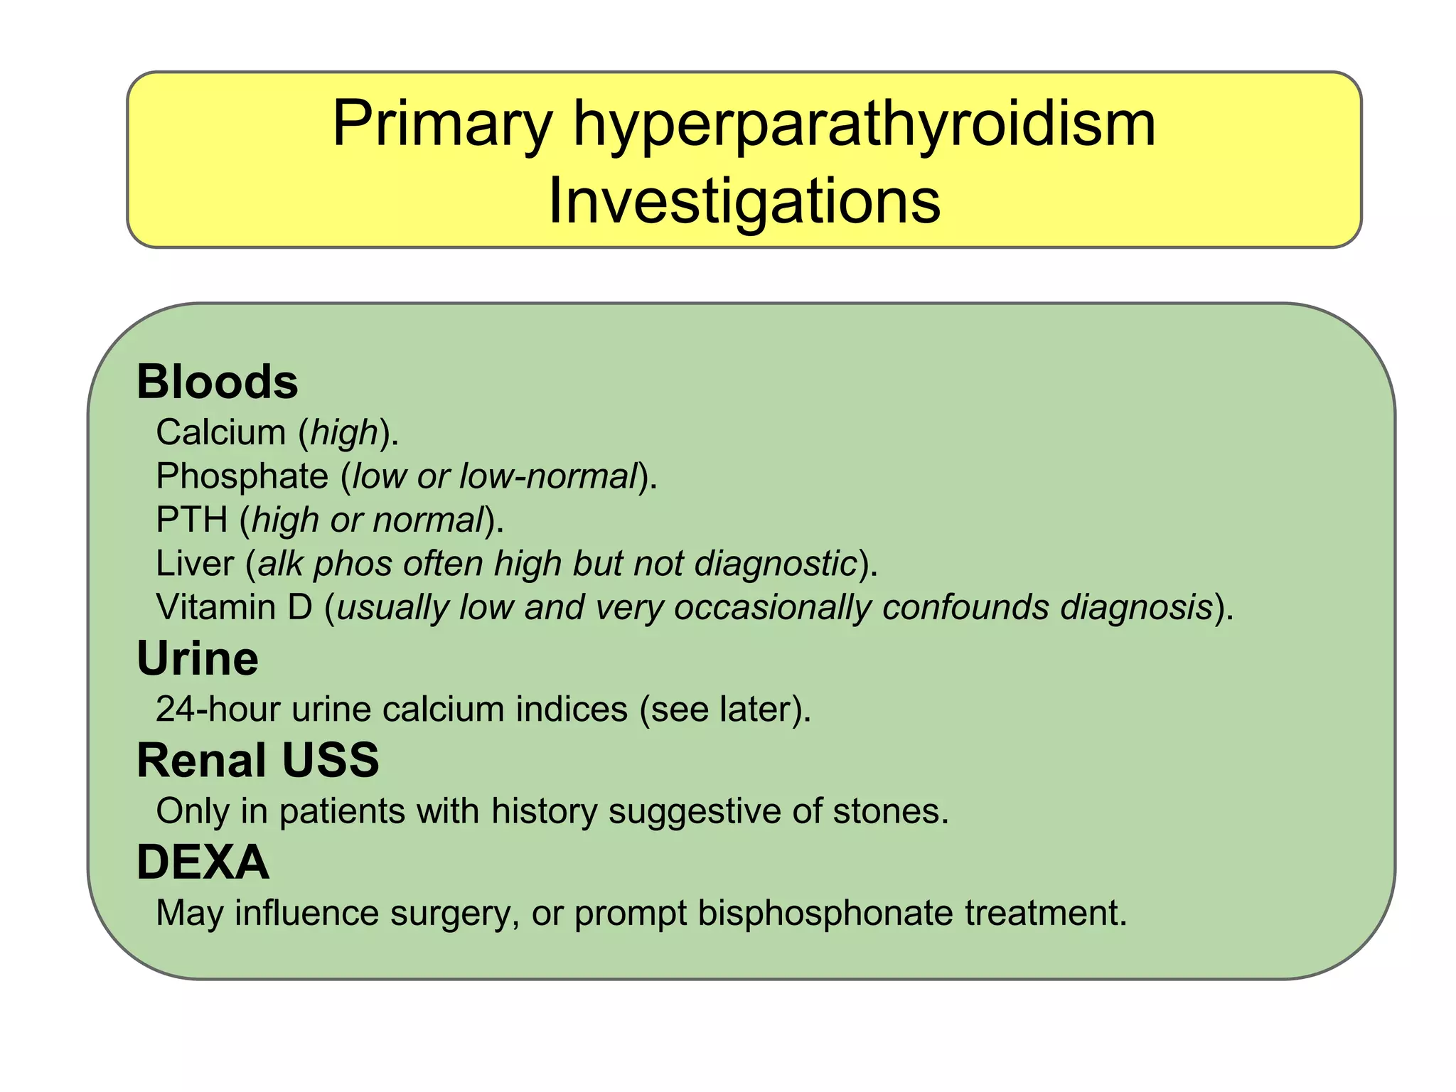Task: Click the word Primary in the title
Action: tap(441, 125)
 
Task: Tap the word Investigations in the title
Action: tap(744, 202)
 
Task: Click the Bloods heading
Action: tap(217, 382)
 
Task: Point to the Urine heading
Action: tap(198, 658)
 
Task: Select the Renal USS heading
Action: tap(257, 760)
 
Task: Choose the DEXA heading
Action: tap(203, 862)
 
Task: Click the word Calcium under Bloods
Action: tap(220, 432)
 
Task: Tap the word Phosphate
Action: tap(242, 476)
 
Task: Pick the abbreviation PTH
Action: tap(191, 520)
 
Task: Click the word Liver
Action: tap(194, 564)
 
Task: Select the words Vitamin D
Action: tap(234, 608)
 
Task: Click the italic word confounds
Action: tap(965, 608)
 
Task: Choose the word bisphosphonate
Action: tap(825, 914)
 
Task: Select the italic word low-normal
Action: tap(548, 476)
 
